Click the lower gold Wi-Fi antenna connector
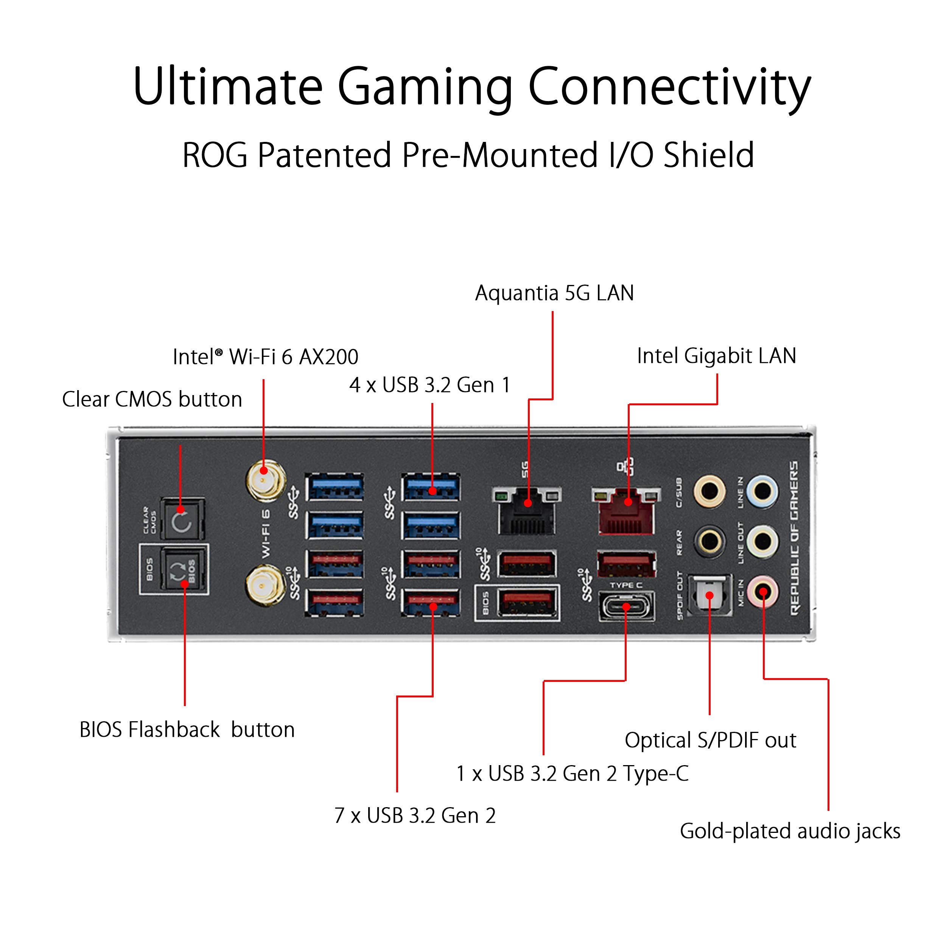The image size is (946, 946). pos(265,586)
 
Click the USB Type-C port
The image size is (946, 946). pos(626,607)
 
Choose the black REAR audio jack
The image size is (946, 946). pos(709,541)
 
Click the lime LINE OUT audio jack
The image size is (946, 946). pos(763,541)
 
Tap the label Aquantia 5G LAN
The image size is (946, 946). pos(554,293)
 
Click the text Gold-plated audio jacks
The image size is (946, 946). pos(790,831)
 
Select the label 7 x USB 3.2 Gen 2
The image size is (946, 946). pos(415,815)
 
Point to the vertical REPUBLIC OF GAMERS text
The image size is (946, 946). pos(794,538)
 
